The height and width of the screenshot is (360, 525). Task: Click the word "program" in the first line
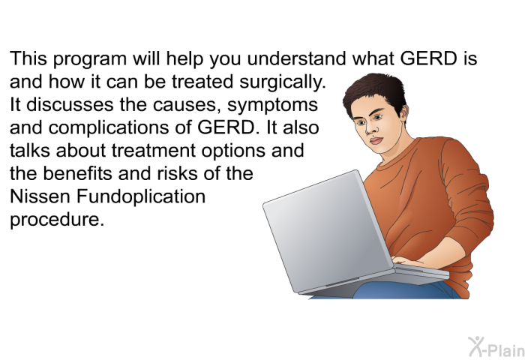click(x=90, y=60)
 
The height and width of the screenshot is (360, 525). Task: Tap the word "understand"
click(x=296, y=58)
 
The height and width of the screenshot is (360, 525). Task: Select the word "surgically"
click(x=283, y=82)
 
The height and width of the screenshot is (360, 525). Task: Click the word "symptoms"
click(x=272, y=106)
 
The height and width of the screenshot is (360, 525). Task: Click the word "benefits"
click(x=78, y=173)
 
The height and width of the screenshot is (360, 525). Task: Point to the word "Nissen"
click(x=40, y=196)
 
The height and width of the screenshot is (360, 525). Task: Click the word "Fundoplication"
click(x=141, y=197)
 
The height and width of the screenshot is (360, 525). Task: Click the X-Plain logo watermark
click(x=496, y=347)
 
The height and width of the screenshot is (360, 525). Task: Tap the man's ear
click(x=403, y=114)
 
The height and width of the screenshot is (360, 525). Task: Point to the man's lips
click(x=375, y=140)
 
